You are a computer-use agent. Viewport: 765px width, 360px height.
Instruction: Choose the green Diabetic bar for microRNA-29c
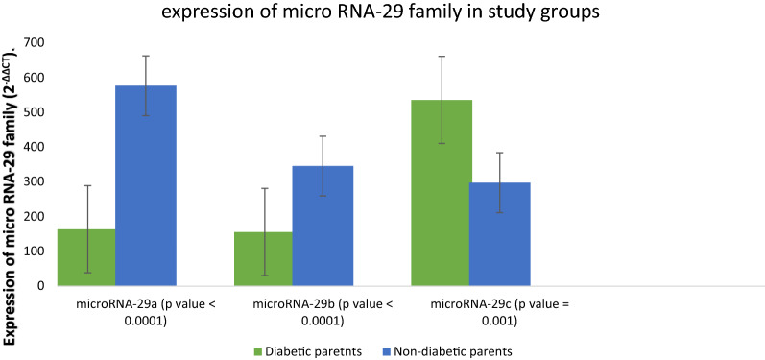[x=442, y=192]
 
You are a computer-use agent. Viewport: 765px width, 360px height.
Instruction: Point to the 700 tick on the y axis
[x=36, y=42]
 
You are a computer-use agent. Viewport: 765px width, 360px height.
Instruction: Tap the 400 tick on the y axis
[x=36, y=147]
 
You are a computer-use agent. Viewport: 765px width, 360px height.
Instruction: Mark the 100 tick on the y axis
[x=36, y=252]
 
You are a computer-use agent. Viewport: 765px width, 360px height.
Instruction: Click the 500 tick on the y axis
[x=36, y=112]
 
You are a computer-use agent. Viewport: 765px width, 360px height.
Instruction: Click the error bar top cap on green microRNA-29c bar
[x=442, y=57]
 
